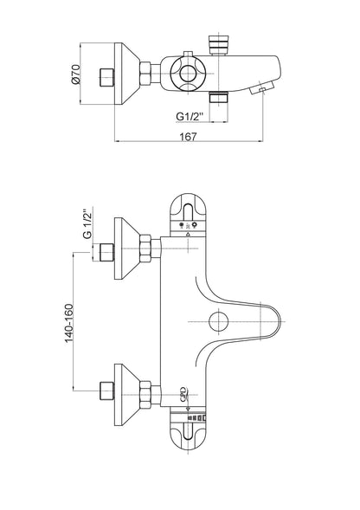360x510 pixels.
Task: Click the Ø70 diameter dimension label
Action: (x=75, y=74)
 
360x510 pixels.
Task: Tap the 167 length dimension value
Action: (x=189, y=136)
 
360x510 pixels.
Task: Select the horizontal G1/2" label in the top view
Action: (x=190, y=116)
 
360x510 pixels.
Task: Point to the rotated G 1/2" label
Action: (x=87, y=223)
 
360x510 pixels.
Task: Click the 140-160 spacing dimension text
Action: (x=69, y=323)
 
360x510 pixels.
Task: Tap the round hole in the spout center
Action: (x=218, y=321)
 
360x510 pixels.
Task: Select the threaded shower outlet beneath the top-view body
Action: (x=219, y=98)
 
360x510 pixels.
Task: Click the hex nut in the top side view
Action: (x=145, y=74)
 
